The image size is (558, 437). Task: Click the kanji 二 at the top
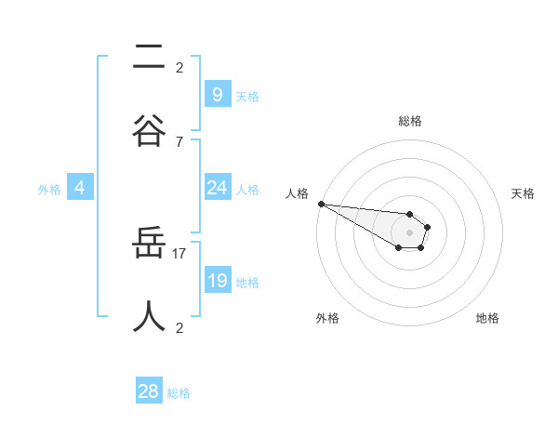pos(149,58)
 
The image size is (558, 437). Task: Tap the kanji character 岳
pos(149,245)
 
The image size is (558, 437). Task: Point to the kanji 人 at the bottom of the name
pos(149,317)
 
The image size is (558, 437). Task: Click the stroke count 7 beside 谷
pos(179,141)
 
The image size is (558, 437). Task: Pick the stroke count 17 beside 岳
pos(179,253)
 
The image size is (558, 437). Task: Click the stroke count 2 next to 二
pos(179,67)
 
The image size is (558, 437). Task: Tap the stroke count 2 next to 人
pos(179,327)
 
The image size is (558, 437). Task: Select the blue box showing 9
pos(217,94)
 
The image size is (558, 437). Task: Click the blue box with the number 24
pos(217,188)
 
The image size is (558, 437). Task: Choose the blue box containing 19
pos(217,281)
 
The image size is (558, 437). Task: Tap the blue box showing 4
pos(80,188)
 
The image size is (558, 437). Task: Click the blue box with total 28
pos(149,391)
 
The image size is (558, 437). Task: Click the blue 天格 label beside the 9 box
pos(247,96)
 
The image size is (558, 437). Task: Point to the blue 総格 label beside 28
pos(179,393)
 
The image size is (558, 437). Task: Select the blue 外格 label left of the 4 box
pos(49,190)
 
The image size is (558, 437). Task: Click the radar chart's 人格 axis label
pos(297,193)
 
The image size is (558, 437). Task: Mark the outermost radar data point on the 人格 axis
pos(321,204)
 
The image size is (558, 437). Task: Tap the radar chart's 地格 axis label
pos(487,318)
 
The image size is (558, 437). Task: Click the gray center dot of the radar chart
pos(409,232)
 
